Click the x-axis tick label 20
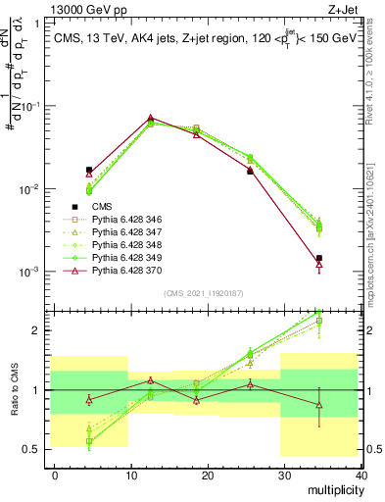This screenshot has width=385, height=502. pyautogui.click(x=208, y=475)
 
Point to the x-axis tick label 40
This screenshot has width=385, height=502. pyautogui.click(x=360, y=475)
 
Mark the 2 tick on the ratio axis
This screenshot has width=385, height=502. pyautogui.click(x=37, y=330)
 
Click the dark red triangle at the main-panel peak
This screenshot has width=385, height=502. pyautogui.click(x=150, y=118)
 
